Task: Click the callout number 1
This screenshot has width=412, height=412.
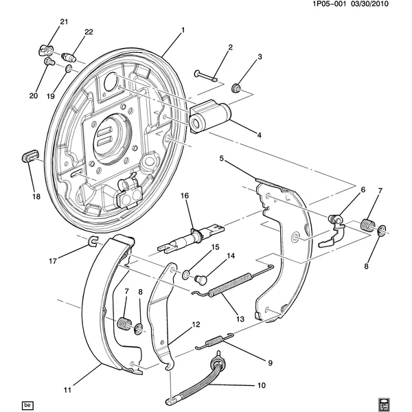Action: point(183,30)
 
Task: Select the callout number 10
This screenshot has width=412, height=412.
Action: point(261,385)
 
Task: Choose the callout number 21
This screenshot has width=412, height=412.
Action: point(64,23)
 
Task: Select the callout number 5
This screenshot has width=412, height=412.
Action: point(221,159)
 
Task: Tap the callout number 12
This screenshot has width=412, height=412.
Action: point(196,325)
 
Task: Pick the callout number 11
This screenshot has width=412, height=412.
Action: point(67,391)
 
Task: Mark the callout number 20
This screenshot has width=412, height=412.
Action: point(33,95)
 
